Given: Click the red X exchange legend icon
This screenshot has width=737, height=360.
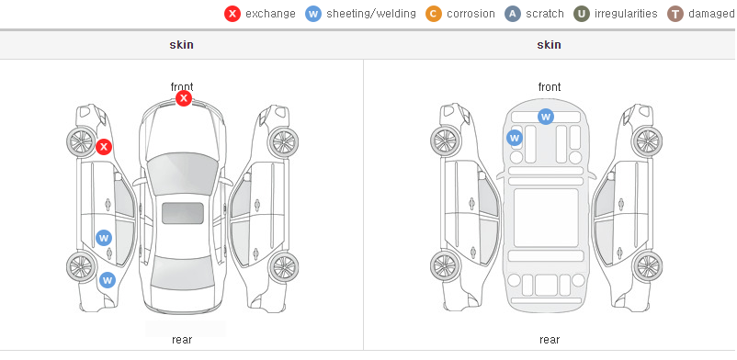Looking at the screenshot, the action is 232,14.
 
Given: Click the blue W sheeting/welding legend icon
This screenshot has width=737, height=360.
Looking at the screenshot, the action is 313,14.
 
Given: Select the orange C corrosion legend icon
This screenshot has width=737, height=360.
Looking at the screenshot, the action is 434,14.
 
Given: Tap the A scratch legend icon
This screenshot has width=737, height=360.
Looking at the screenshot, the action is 513,14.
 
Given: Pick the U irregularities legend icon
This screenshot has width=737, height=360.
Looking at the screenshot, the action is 582,14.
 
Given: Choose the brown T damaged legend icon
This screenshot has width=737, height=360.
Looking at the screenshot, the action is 675,14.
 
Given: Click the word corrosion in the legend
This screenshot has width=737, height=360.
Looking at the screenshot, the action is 471,14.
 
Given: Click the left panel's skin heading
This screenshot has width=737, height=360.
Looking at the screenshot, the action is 181,45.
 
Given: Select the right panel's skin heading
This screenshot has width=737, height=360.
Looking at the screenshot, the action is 549,45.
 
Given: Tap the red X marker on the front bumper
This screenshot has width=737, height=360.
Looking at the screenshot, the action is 184,98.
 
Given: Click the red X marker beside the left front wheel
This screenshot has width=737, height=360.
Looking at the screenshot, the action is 104,147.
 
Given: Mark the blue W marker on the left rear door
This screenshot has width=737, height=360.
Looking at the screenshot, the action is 104,237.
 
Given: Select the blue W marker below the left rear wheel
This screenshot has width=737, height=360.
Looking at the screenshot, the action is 108,280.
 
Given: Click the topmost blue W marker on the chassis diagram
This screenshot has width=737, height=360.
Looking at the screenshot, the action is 545,116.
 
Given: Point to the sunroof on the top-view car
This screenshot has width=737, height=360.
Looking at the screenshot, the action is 183,213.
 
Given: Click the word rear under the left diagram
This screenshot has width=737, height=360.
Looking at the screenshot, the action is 182,340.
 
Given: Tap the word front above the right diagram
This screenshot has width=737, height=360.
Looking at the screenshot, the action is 550,87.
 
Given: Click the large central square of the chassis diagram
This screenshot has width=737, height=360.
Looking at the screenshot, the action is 546,218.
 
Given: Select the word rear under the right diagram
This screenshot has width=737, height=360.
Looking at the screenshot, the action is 550,340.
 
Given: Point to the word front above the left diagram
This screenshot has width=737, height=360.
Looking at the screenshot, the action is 182,86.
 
